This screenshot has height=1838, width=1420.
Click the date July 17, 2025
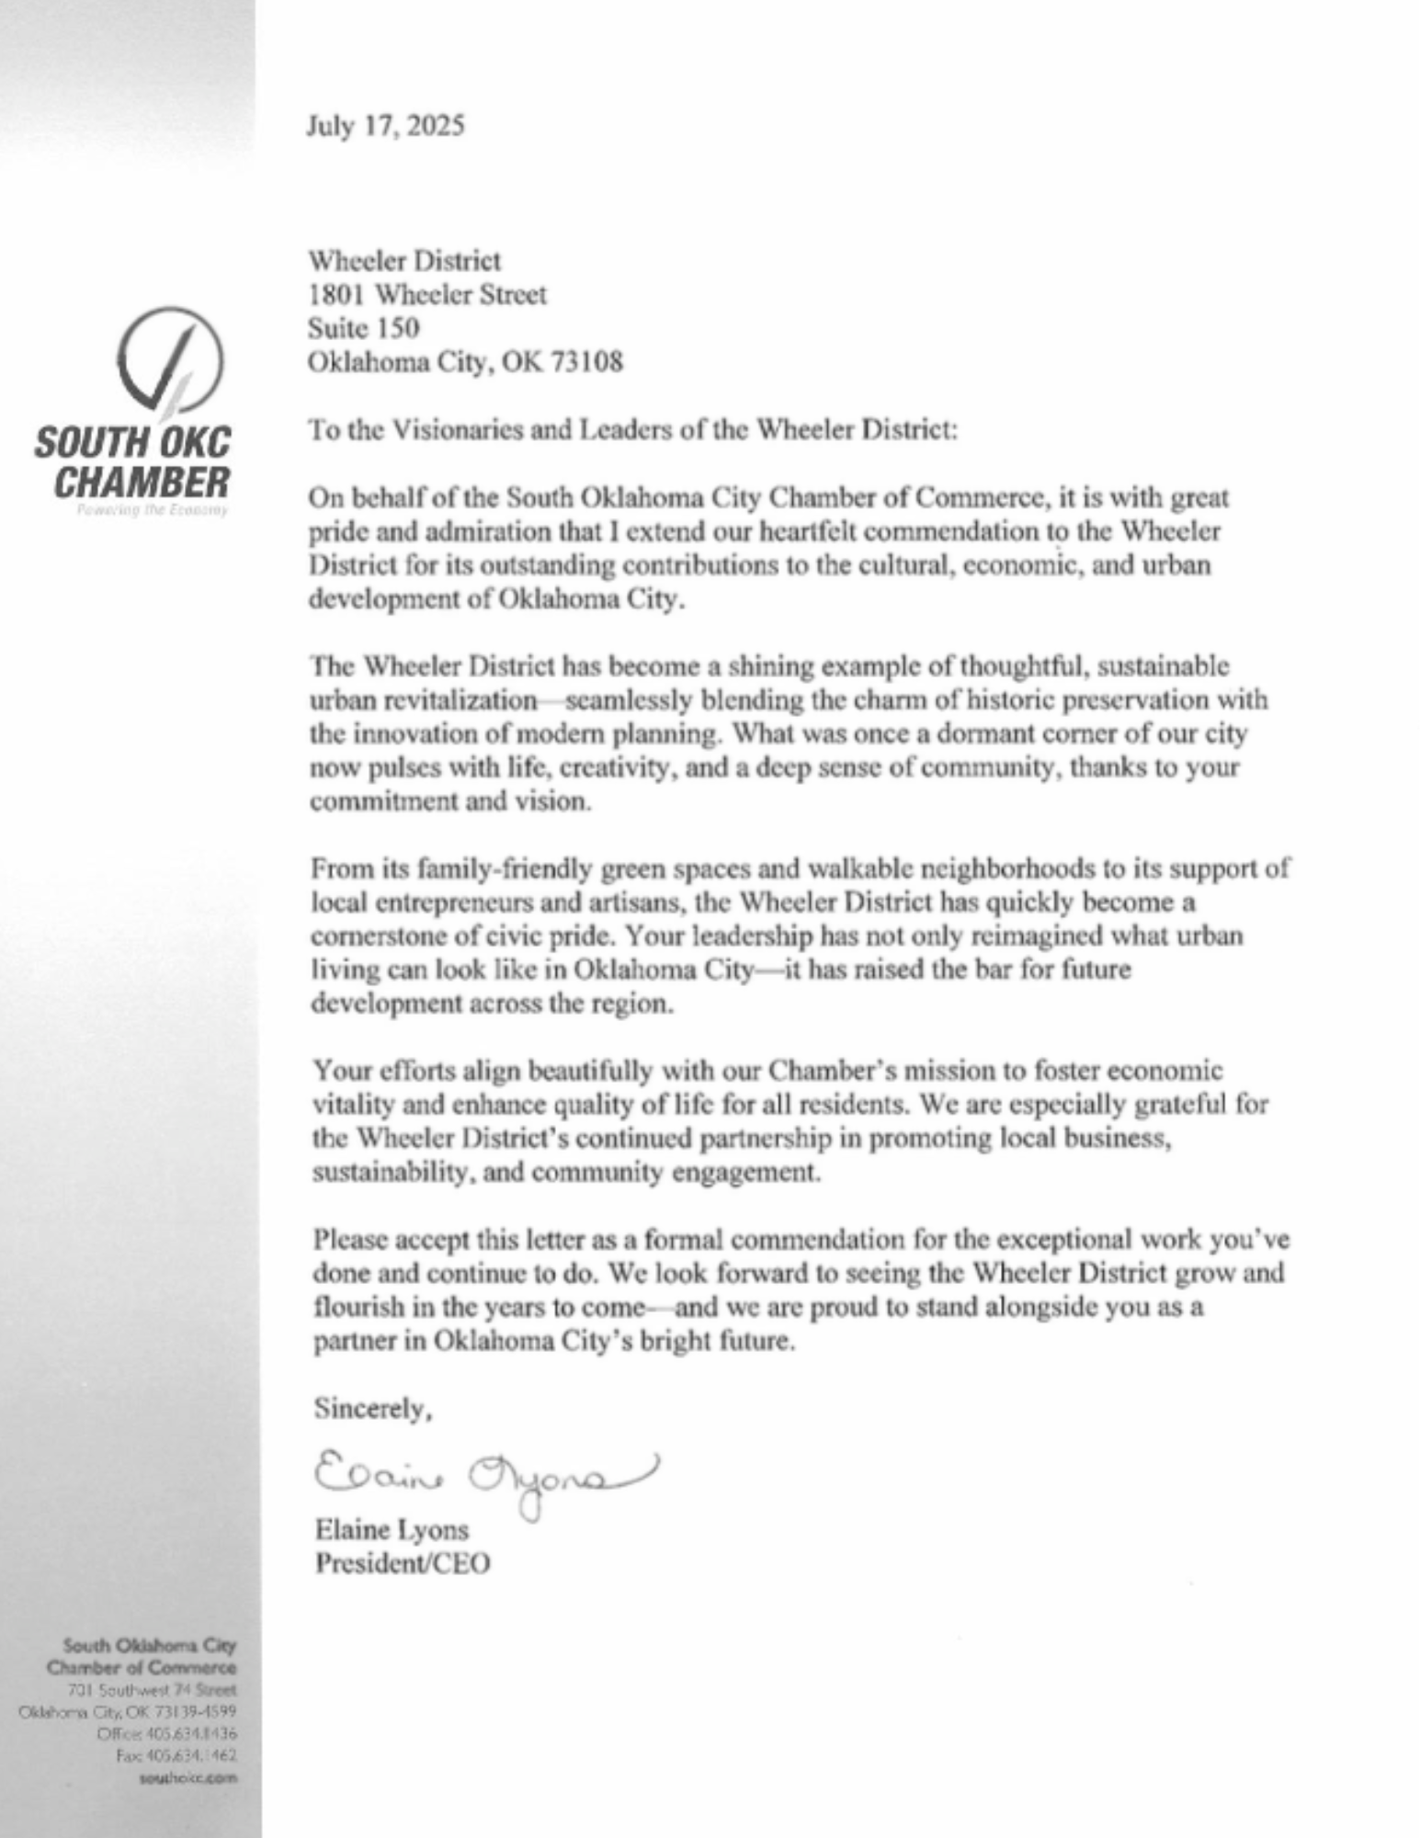click(386, 125)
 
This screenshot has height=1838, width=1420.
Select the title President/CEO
click(403, 1563)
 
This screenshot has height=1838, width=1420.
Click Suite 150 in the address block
click(364, 328)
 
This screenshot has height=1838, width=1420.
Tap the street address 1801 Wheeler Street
click(427, 295)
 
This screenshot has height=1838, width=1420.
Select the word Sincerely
click(372, 1409)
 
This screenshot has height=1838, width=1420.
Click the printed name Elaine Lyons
click(392, 1529)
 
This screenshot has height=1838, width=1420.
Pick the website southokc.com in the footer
click(187, 1777)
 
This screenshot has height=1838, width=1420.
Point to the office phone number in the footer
click(167, 1733)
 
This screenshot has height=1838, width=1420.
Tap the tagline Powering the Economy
click(153, 510)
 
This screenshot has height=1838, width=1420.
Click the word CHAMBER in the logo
click(142, 482)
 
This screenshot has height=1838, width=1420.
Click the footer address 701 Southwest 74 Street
click(152, 1689)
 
